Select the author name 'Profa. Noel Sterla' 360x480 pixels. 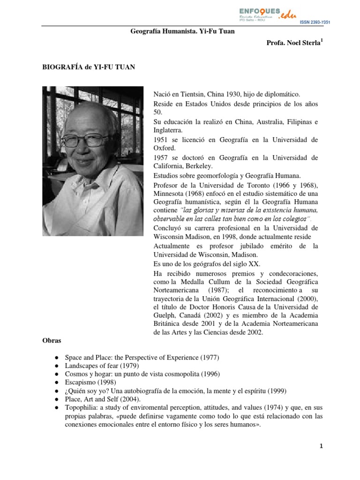click(293, 43)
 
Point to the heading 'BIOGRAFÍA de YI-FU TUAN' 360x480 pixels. click(89, 67)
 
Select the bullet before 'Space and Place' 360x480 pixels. click(56, 358)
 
